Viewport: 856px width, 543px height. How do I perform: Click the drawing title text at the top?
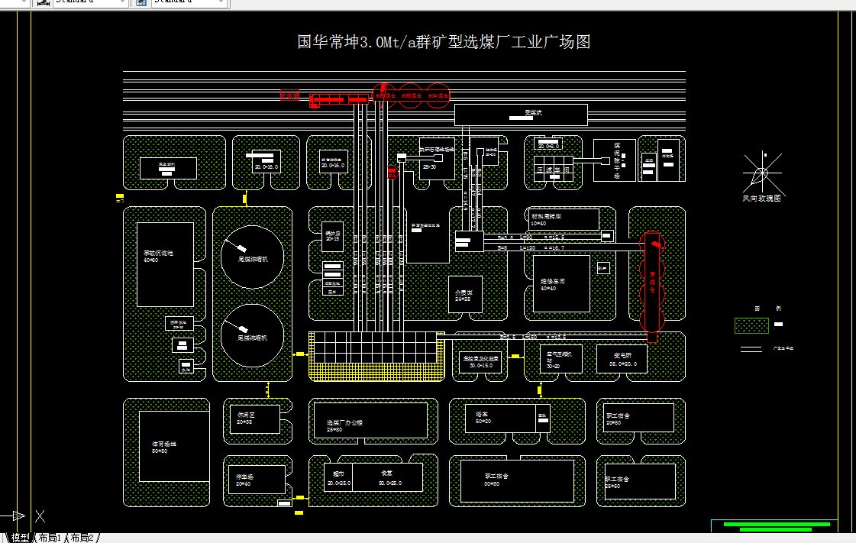pos(443,42)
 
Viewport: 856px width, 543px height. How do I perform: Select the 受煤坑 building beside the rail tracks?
pos(521,115)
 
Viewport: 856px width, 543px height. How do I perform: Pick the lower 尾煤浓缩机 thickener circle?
pos(252,335)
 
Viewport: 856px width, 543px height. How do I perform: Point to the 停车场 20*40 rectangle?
pos(256,480)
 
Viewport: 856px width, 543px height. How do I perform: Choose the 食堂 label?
pos(387,474)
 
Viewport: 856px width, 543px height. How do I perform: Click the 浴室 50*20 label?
pos(483,417)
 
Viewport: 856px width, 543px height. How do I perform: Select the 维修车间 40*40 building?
pos(561,283)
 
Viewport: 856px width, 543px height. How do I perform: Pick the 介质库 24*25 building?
pos(465,294)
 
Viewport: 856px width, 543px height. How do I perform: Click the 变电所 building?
pos(622,360)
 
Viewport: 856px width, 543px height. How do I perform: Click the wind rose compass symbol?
pos(761,172)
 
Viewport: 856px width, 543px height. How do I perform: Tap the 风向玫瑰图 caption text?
pos(762,199)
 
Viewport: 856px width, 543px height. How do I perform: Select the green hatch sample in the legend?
pos(751,325)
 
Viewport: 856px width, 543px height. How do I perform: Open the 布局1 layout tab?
pos(49,538)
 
